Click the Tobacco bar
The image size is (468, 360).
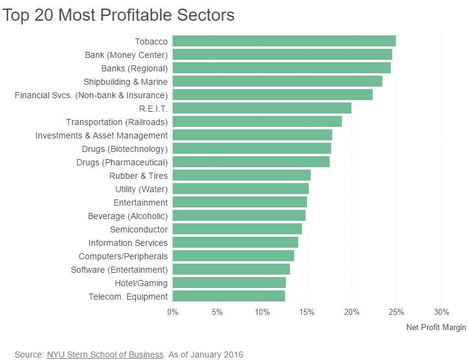click(284, 41)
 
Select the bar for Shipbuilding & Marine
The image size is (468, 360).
click(277, 81)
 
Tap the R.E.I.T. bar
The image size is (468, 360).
click(262, 108)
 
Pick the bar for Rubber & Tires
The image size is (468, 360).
click(242, 175)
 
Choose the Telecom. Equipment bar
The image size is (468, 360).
click(229, 296)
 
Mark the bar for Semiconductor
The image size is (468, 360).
click(237, 229)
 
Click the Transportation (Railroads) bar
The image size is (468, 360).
click(257, 121)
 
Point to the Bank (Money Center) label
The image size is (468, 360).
click(126, 55)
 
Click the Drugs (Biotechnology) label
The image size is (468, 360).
click(124, 149)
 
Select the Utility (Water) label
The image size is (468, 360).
click(142, 189)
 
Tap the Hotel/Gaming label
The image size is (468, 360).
click(141, 283)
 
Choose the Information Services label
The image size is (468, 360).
click(128, 243)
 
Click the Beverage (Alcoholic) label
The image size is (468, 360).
click(128, 216)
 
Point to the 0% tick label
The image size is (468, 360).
click(173, 312)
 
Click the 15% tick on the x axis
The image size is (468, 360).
click(307, 312)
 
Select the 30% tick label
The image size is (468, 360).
click(441, 312)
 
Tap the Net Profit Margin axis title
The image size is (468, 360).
click(436, 328)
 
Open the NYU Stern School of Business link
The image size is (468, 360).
click(105, 355)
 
